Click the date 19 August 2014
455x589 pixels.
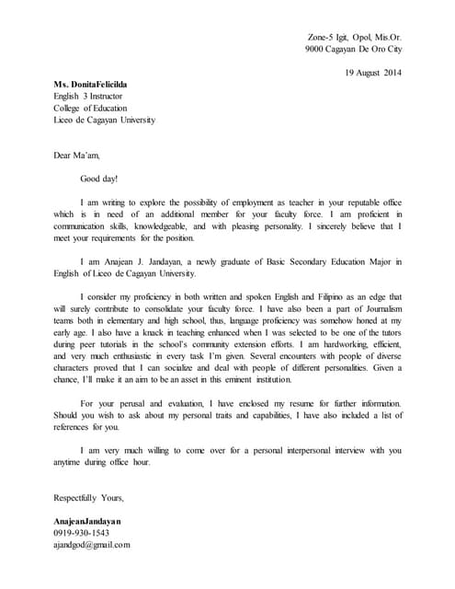pyautogui.click(x=372, y=72)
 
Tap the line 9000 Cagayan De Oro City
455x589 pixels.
pyautogui.click(x=353, y=49)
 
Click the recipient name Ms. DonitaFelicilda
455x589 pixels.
pyautogui.click(x=90, y=84)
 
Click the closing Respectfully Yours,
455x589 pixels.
pyautogui.click(x=89, y=498)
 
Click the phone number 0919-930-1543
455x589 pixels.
pyautogui.click(x=82, y=533)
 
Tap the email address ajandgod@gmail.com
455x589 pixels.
pyautogui.click(x=92, y=545)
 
